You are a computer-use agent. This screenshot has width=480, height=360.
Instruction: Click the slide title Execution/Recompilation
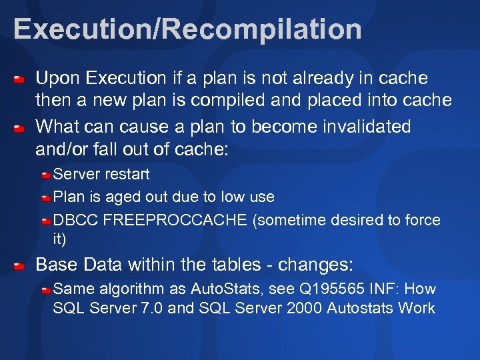[187, 29]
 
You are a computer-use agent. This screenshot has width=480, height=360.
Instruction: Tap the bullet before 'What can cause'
[20, 127]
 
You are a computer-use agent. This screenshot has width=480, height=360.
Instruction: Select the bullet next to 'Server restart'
[46, 175]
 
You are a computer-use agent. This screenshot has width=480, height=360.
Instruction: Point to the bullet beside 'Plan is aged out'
[46, 198]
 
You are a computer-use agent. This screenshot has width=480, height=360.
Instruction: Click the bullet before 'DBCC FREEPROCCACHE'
[46, 221]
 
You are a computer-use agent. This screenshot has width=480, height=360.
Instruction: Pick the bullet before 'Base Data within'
[20, 266]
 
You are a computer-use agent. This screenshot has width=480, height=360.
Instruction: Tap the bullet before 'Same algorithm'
[46, 290]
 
